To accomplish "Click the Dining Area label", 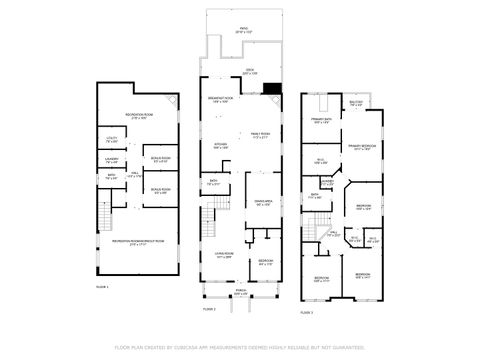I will pos(262,203).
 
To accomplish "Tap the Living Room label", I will pos(223,256).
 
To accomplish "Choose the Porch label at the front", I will pos(241,292).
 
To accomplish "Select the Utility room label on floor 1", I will pos(112,140).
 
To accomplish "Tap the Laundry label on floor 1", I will pos(112,158).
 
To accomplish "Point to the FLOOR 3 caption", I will pos(307,313).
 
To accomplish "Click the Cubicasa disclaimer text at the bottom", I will pos(240,347).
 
